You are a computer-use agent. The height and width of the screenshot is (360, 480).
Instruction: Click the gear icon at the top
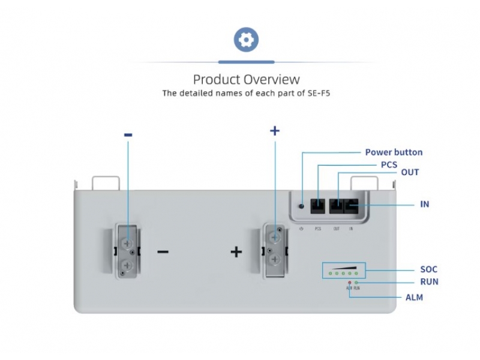(245, 40)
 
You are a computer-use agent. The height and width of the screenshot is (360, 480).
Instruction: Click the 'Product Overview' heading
(246, 79)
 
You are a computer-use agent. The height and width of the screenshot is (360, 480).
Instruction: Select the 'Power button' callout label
(394, 152)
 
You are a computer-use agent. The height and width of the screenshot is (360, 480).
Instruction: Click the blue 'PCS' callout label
(389, 164)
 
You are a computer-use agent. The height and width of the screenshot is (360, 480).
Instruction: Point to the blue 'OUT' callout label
(410, 172)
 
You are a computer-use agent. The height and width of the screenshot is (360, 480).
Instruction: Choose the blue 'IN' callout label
(424, 204)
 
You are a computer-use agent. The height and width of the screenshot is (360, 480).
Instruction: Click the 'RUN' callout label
(429, 281)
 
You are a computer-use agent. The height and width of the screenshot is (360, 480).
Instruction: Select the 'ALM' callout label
(414, 297)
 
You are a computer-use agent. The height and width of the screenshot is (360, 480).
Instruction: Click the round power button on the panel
(301, 207)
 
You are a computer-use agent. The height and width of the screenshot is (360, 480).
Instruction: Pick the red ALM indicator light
(349, 282)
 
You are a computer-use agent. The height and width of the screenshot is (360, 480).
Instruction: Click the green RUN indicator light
(356, 282)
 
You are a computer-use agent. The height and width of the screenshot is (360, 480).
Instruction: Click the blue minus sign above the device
(128, 136)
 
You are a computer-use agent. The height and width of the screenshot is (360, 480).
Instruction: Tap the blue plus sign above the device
(275, 130)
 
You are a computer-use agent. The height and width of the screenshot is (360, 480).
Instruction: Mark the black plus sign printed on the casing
(236, 251)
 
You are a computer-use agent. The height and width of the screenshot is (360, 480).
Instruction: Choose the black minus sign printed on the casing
(163, 251)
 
